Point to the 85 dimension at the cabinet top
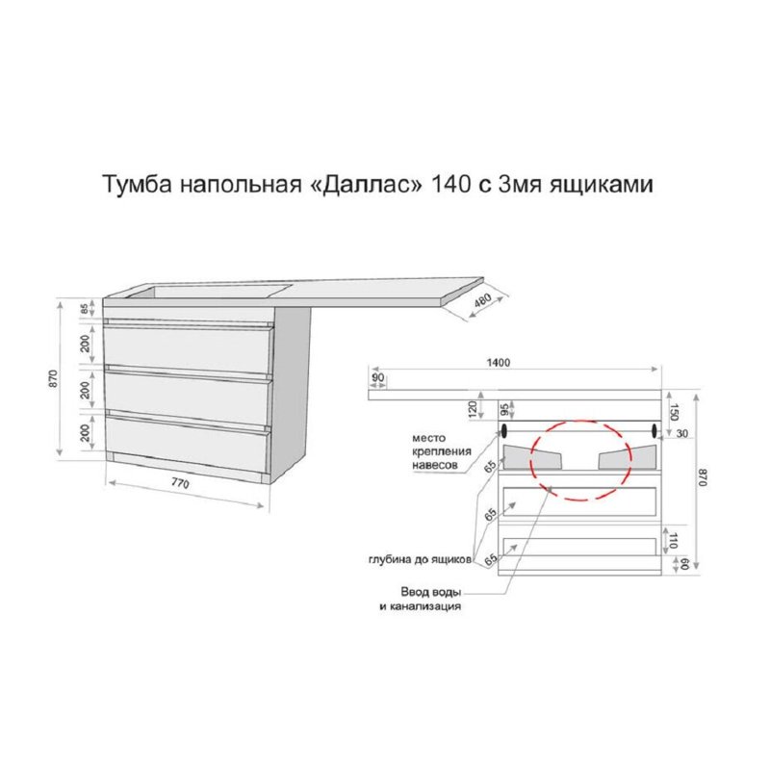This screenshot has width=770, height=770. (x=85, y=310)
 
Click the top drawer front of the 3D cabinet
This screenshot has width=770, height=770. (x=188, y=344)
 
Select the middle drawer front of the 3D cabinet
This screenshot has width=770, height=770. (x=188, y=391)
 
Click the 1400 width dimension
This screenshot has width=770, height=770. (x=497, y=363)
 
